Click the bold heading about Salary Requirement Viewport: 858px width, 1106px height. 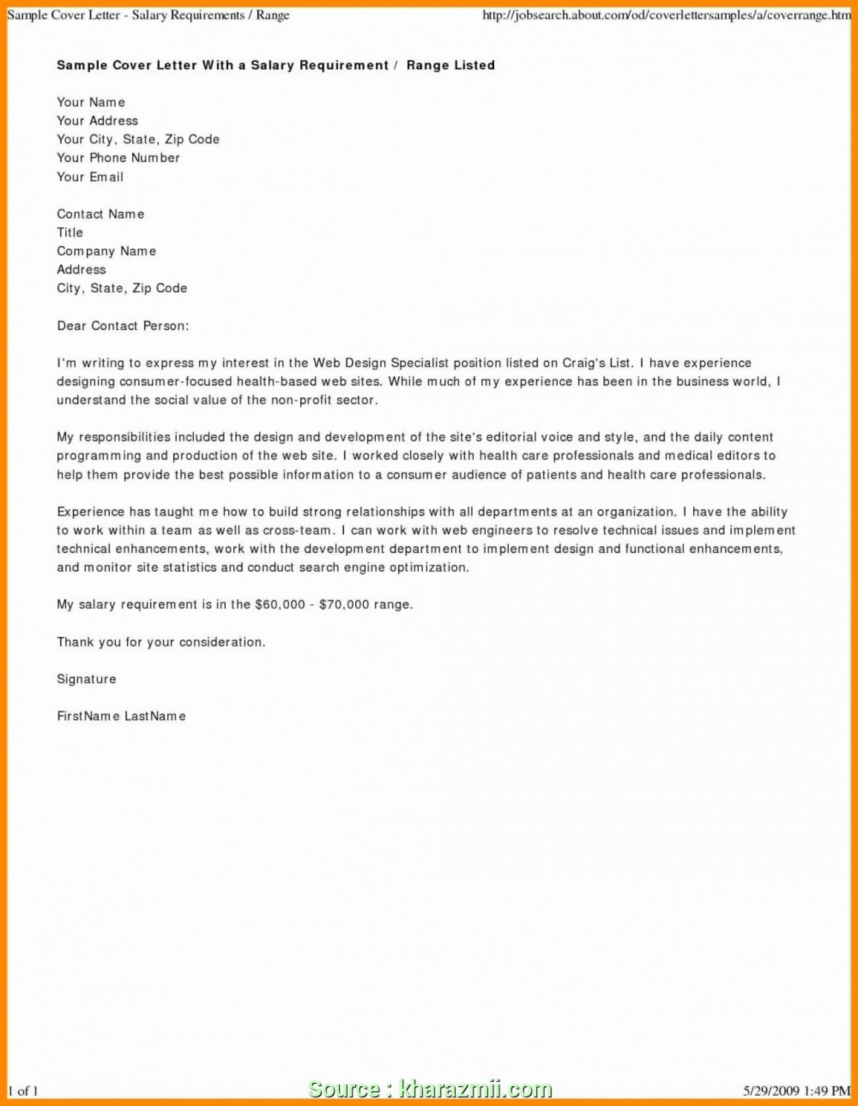click(276, 65)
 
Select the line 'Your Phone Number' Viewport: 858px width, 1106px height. click(118, 158)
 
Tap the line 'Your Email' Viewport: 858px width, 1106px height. click(90, 177)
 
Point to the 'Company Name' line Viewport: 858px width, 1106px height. click(106, 251)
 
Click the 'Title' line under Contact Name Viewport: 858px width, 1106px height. click(70, 232)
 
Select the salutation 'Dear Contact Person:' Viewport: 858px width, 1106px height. click(122, 326)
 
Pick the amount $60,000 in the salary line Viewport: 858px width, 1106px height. click(280, 604)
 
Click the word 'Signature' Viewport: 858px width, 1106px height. click(87, 679)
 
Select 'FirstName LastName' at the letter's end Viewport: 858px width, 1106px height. click(122, 716)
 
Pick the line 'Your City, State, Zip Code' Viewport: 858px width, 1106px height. click(138, 139)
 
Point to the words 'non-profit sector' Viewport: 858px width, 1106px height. click(324, 400)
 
